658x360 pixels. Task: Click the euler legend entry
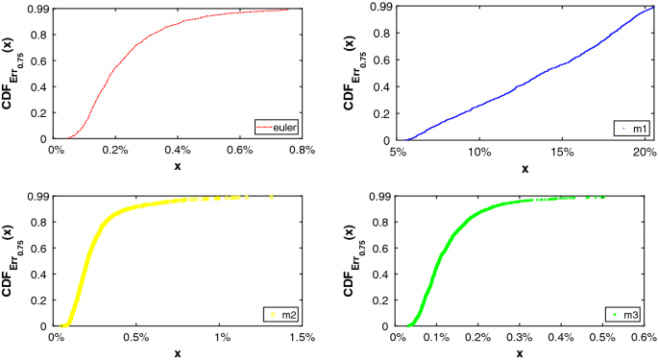(277, 127)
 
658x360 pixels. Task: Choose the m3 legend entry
(629, 314)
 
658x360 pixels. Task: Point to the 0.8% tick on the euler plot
(302, 150)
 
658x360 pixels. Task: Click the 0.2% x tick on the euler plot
(116, 150)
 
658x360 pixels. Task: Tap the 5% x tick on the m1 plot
(397, 150)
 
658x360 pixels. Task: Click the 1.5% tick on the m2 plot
(302, 337)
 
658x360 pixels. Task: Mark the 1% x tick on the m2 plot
(221, 337)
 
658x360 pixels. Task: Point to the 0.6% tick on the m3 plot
(645, 337)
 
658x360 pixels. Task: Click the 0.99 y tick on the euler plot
(37, 9)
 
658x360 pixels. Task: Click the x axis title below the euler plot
(178, 166)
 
